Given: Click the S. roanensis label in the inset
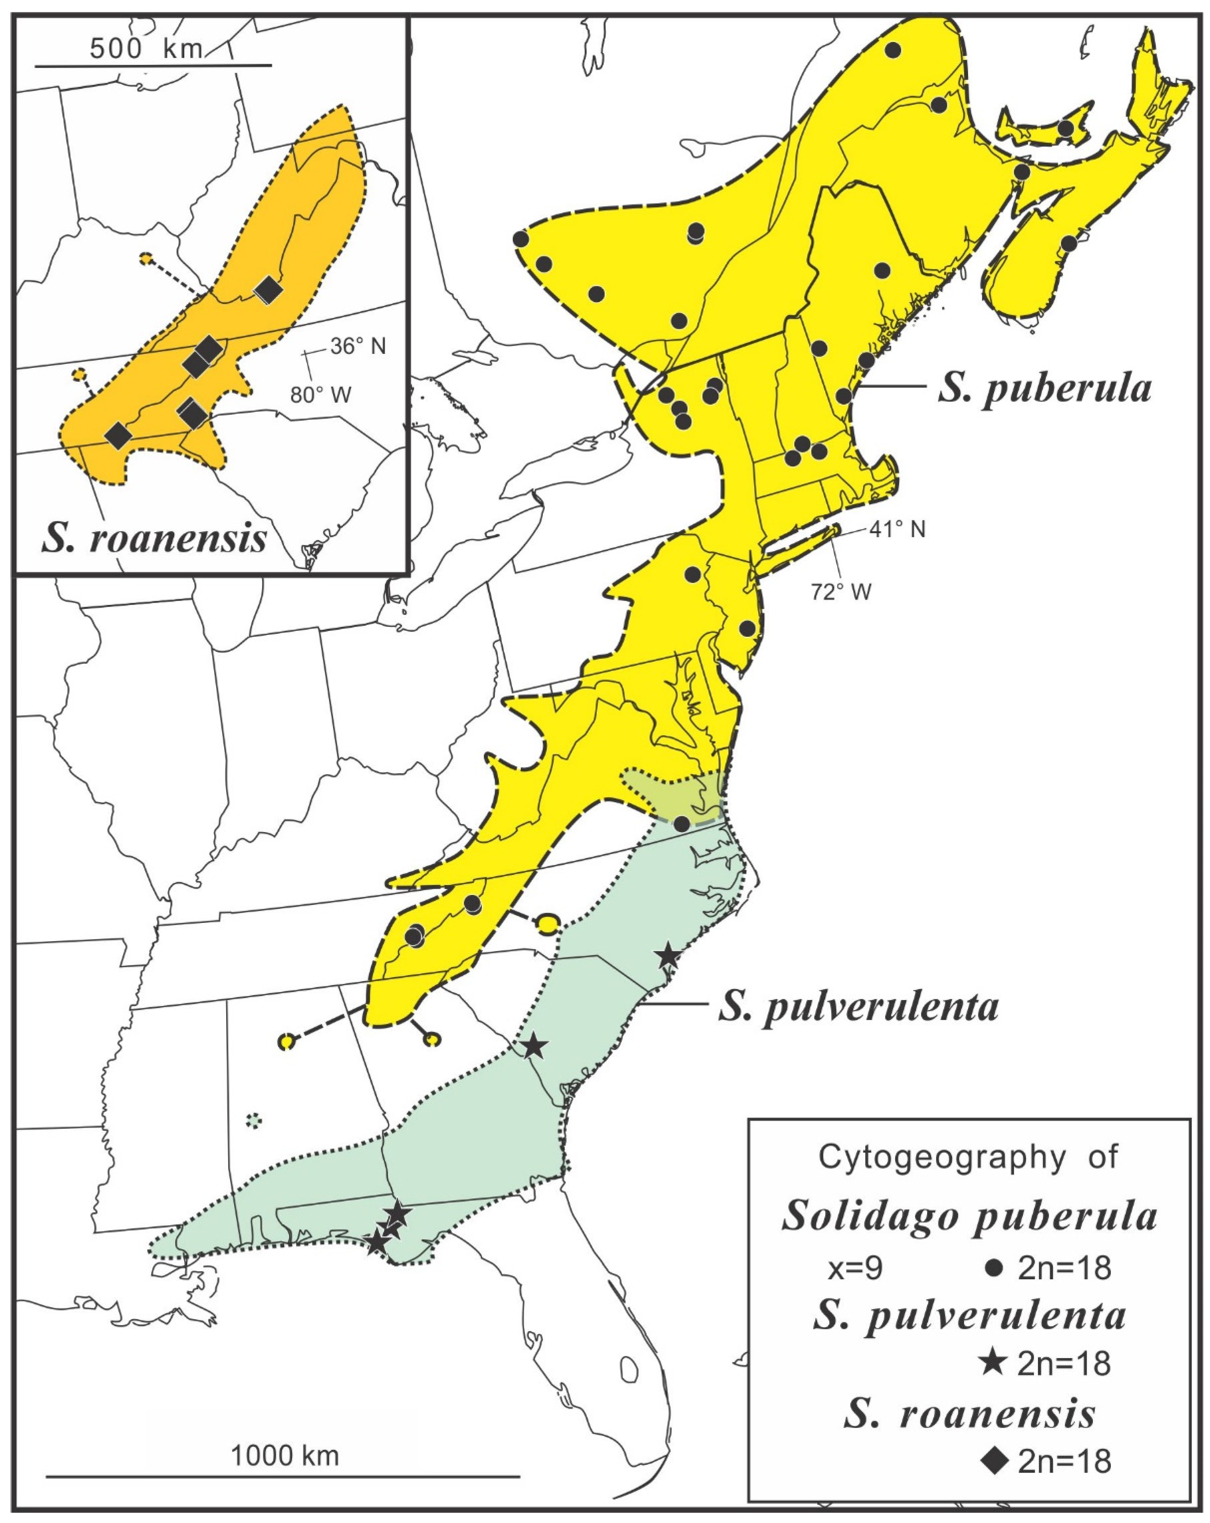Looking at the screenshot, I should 154,539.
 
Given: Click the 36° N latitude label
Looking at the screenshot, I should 358,346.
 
